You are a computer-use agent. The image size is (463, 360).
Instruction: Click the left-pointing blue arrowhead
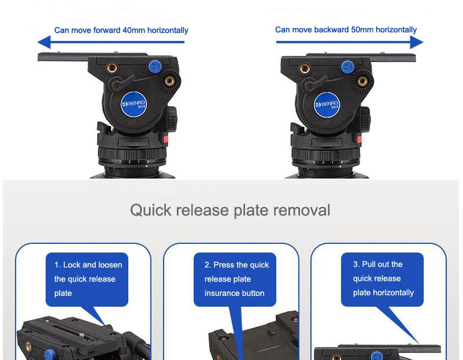pos(45,42)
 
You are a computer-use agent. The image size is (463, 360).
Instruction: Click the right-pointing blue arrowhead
pos(417,42)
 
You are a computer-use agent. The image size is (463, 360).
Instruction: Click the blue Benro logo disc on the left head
pos(134,104)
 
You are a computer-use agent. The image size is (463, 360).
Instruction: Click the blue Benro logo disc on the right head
pos(327,105)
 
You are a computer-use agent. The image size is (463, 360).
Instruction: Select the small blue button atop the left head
pos(154,66)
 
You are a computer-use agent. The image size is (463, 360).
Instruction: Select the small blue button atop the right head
pos(347,66)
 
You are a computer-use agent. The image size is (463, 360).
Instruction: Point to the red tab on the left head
pos(166,139)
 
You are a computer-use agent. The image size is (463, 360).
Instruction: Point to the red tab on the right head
pos(360,140)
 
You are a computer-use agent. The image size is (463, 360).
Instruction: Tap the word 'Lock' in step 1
pos(72,265)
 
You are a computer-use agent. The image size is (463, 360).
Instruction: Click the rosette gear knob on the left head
pos(169,81)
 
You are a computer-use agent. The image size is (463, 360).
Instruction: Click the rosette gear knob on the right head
pos(362,81)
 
